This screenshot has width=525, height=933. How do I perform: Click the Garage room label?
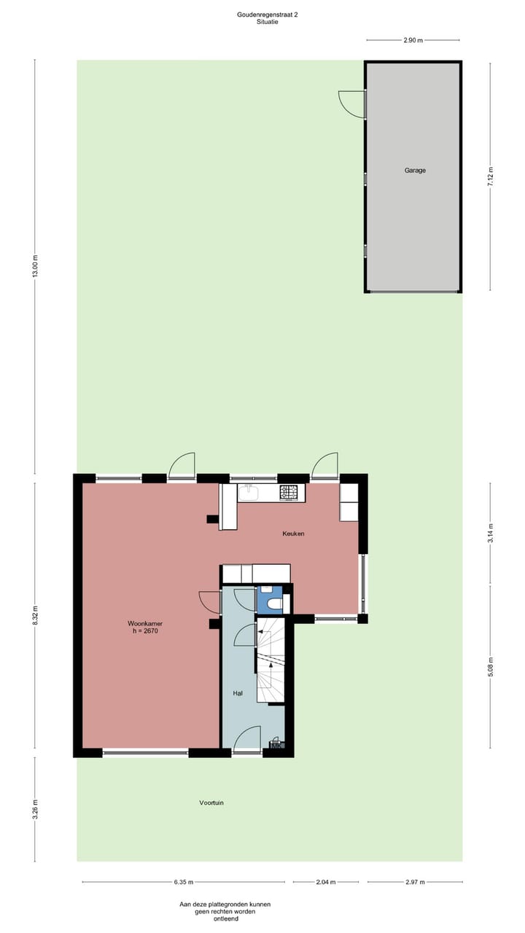point(415,171)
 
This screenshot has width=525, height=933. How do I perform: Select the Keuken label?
point(293,534)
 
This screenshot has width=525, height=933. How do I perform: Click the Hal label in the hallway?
point(238,693)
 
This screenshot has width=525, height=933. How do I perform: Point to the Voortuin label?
point(211,803)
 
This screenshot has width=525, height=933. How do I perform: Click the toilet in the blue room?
point(274,604)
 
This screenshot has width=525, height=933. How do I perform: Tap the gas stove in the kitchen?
point(289,493)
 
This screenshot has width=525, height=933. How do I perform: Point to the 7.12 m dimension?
point(490,176)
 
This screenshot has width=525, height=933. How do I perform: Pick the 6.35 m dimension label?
point(184,883)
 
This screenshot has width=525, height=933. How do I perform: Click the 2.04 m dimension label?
point(327,883)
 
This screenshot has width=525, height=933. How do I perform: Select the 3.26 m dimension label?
point(34,809)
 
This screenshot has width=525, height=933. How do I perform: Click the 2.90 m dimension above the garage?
point(413,40)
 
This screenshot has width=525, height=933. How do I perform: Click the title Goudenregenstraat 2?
point(268,14)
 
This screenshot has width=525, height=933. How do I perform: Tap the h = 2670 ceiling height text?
point(143,632)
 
